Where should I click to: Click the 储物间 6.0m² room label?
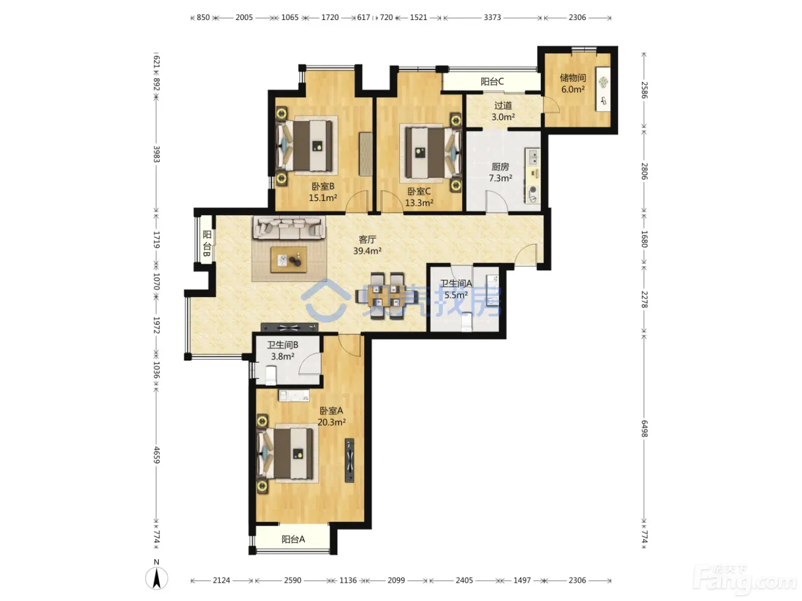click(x=572, y=84)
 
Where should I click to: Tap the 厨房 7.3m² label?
click(x=500, y=172)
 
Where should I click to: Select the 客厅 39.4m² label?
click(x=367, y=245)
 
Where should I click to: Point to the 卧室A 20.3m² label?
click(x=331, y=416)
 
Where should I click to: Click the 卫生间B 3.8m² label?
click(x=282, y=351)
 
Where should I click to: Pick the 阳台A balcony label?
click(x=293, y=539)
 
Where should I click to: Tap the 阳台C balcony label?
click(x=492, y=81)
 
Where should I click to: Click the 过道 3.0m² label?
click(x=503, y=111)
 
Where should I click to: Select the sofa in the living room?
click(x=289, y=228)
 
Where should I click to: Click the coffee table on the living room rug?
click(x=289, y=259)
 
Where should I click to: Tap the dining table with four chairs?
click(x=387, y=296)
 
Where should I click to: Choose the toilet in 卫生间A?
click(x=466, y=322)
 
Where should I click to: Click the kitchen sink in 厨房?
click(x=533, y=156)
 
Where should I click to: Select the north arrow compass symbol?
click(x=156, y=578)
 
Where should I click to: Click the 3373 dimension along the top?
click(x=492, y=18)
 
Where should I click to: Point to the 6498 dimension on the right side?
click(x=644, y=428)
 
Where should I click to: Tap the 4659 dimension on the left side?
click(x=156, y=454)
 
